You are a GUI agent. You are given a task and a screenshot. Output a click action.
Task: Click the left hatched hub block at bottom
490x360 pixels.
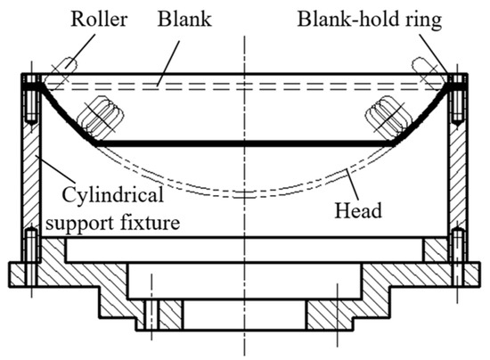(156, 312)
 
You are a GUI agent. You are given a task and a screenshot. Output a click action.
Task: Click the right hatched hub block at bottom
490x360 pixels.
(332, 312)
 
